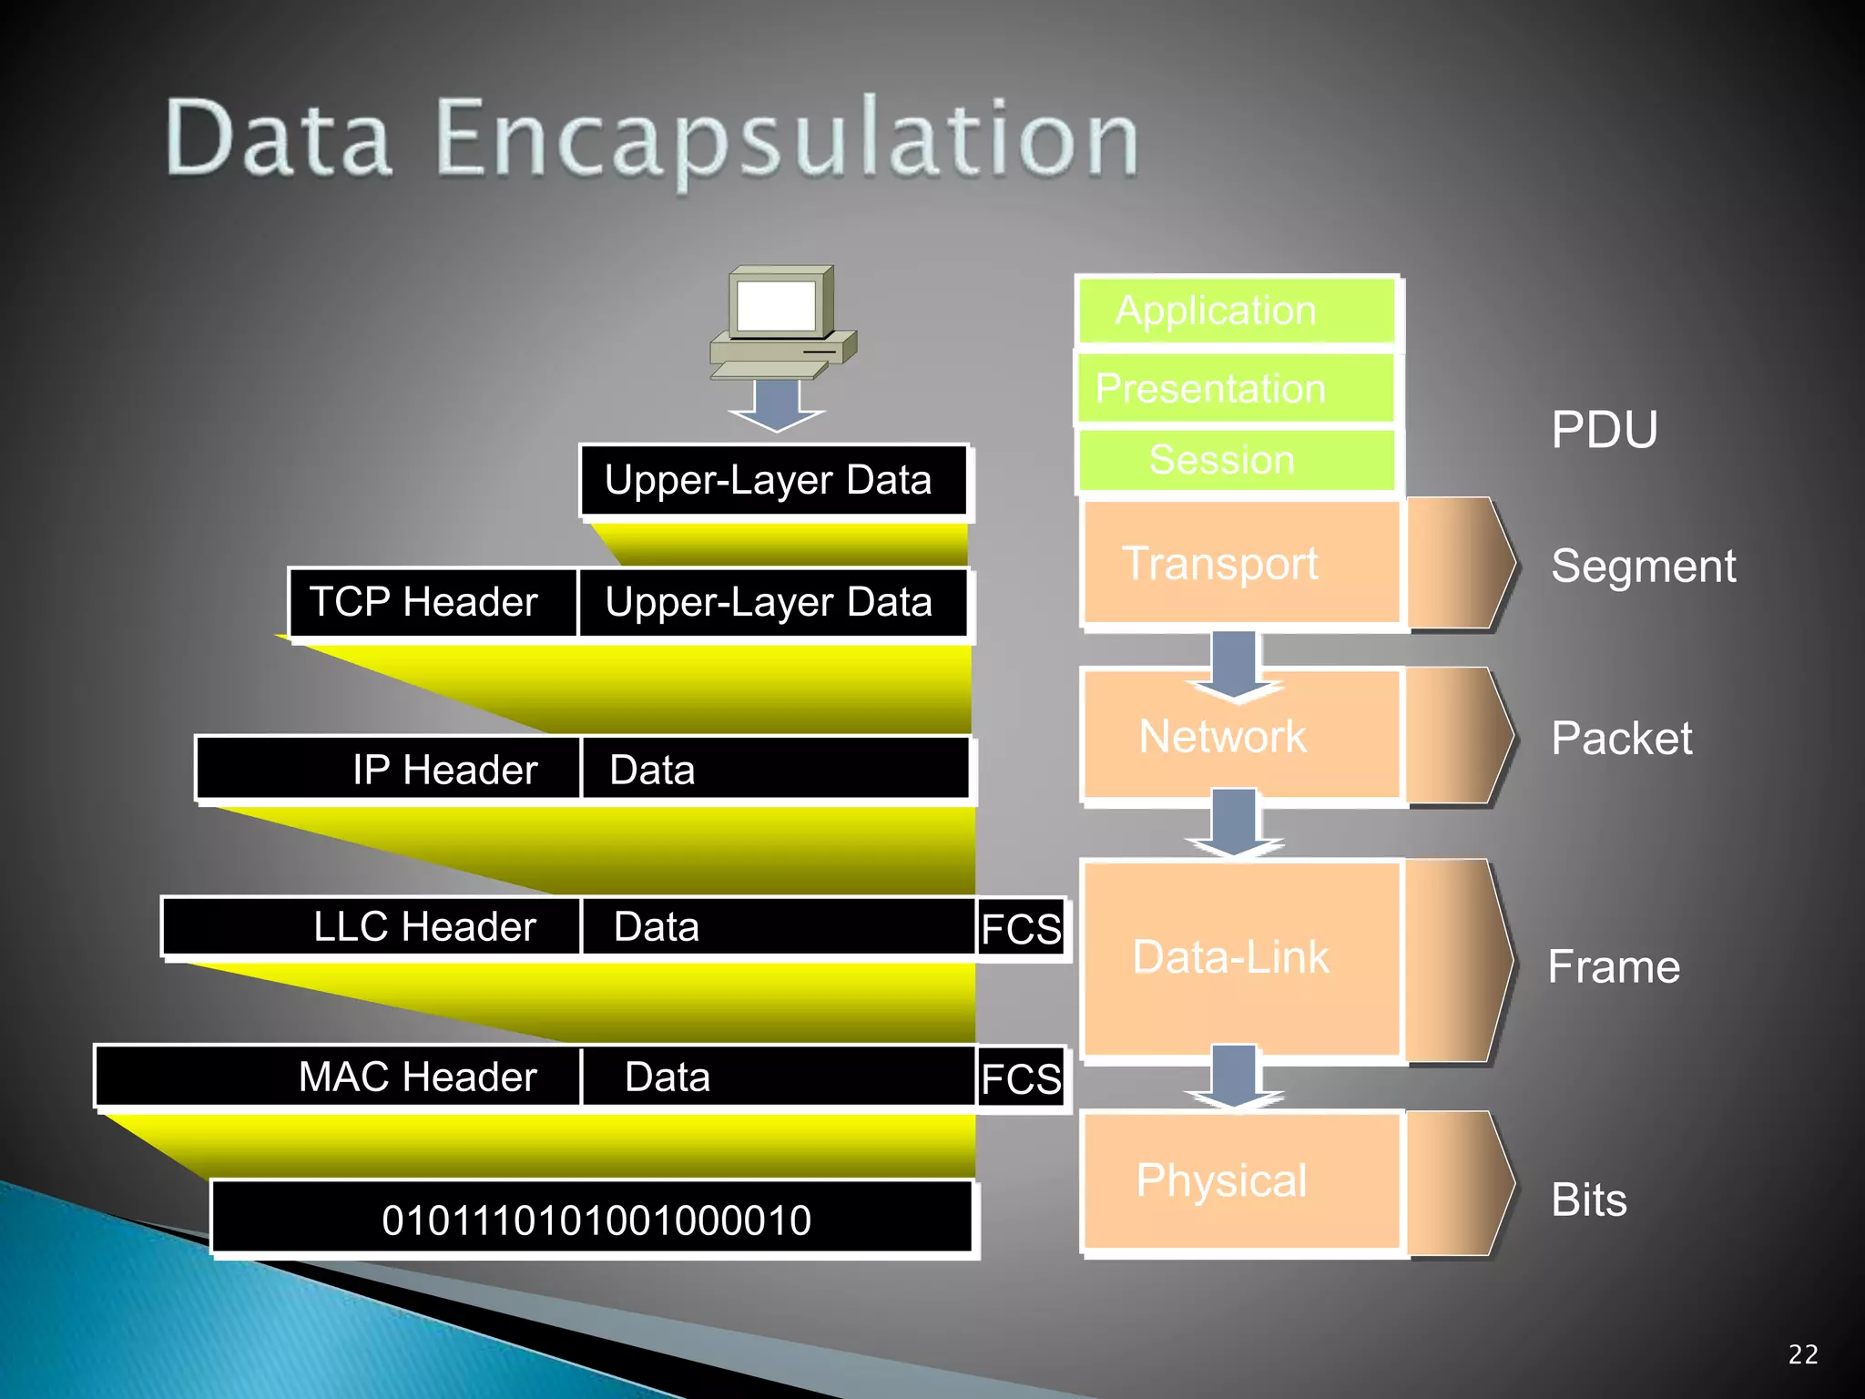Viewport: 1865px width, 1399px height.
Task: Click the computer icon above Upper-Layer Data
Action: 781,322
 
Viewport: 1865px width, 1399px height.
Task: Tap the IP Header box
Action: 389,770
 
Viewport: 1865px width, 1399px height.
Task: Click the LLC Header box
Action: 372,927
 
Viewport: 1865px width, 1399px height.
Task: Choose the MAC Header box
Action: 338,1077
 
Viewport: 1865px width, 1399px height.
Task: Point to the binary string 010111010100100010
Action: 596,1220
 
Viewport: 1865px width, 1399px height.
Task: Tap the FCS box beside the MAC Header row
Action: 1021,1079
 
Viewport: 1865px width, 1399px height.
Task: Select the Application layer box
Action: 1236,311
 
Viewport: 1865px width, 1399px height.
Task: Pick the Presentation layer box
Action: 1236,389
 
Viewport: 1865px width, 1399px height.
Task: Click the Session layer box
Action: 1236,460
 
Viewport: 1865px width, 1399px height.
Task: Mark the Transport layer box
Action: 1240,564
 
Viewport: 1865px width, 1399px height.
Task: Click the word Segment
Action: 1643,567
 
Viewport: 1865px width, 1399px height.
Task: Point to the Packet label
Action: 1621,738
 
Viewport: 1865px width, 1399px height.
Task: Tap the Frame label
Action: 1614,966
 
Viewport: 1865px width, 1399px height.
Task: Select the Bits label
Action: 1588,1200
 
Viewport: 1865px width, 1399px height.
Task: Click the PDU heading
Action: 1604,429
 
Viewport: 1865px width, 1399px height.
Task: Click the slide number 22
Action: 1803,1354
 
